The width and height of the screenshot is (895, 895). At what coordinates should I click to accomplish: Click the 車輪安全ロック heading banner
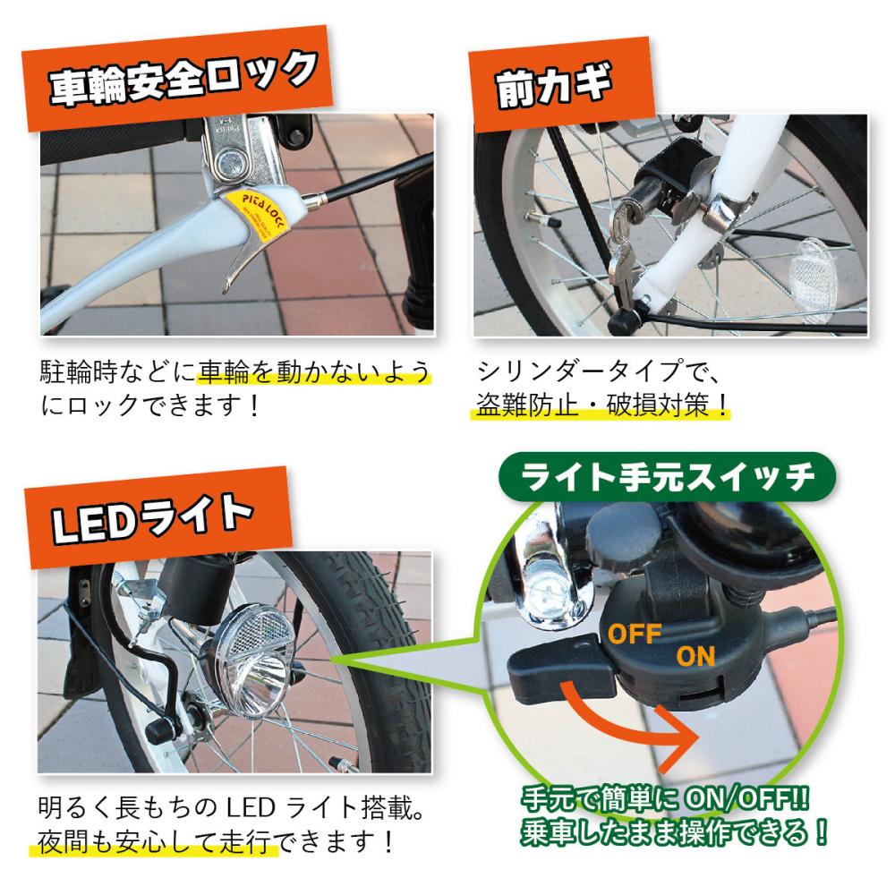(177, 78)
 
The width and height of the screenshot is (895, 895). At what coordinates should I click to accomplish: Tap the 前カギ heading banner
(560, 84)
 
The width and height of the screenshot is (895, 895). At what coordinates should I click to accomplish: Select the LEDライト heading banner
(158, 517)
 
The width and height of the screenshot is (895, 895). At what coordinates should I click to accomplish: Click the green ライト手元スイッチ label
(667, 477)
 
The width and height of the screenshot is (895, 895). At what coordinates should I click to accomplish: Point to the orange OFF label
(635, 634)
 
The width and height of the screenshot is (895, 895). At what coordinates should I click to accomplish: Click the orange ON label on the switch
(695, 657)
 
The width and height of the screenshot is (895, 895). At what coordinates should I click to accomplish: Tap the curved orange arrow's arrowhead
(677, 737)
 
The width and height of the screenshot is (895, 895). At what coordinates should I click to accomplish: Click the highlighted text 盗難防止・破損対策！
(601, 405)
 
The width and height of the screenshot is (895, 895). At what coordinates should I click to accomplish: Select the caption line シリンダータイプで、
(600, 371)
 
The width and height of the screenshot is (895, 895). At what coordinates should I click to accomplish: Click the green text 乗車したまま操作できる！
(674, 832)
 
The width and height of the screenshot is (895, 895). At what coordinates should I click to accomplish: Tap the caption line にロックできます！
(149, 405)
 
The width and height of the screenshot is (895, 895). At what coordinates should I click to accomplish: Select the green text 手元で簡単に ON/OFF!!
(666, 799)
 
